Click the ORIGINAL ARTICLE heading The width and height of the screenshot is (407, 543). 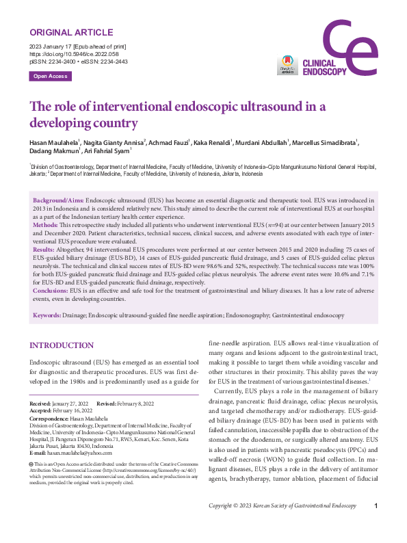click(x=70, y=32)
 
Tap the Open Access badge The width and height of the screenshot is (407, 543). click(x=51, y=76)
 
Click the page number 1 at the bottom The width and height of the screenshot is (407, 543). click(x=376, y=525)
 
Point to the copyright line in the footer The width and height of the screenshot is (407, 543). click(x=283, y=525)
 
